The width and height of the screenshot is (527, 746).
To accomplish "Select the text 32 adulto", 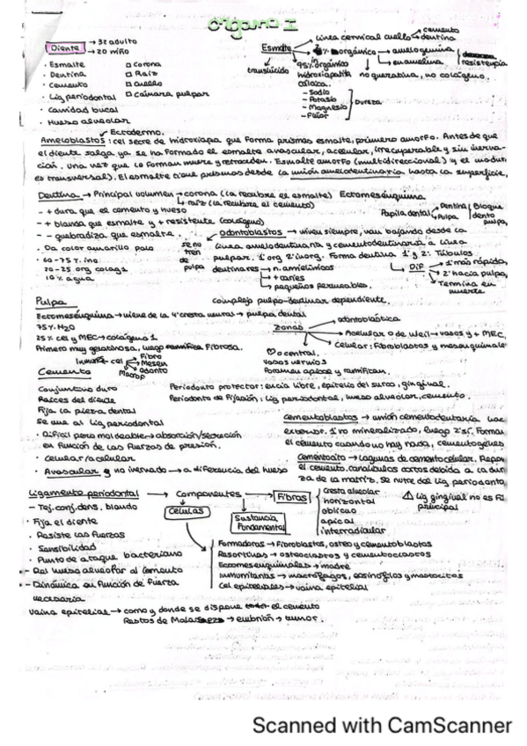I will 115,41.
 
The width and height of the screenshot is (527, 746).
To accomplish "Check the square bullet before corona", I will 129,65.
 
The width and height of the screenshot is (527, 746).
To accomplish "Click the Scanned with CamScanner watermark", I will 382,725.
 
